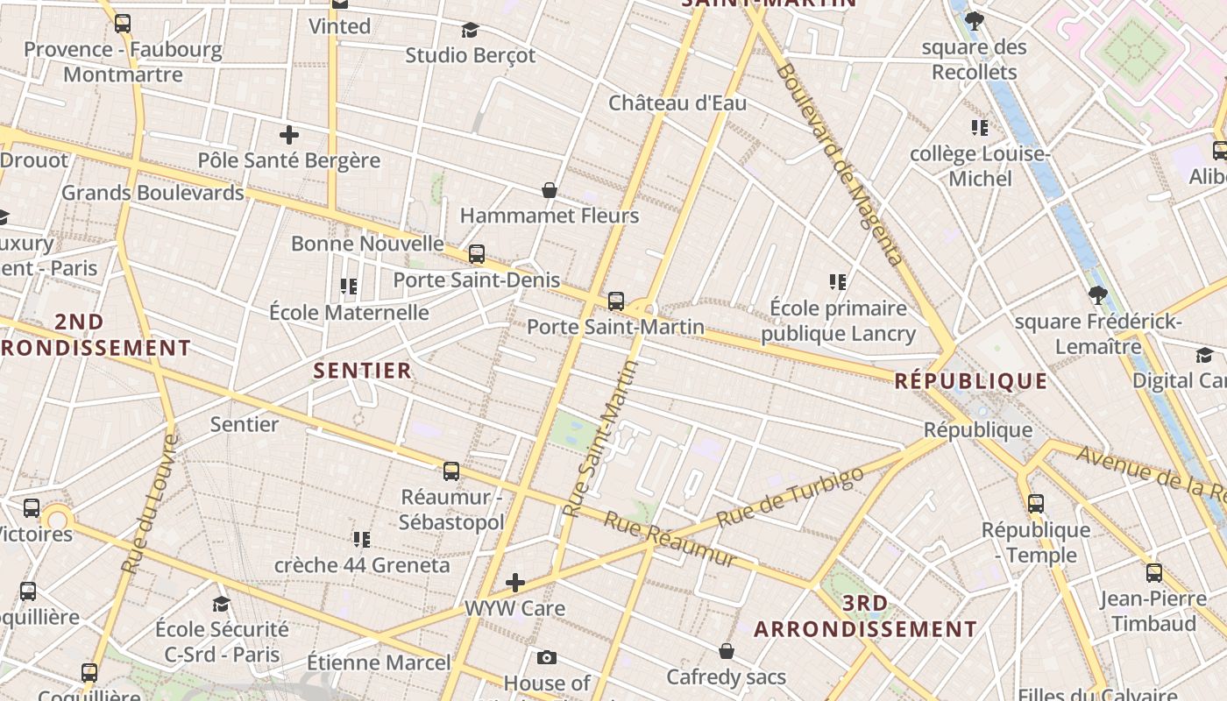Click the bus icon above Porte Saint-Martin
click(616, 301)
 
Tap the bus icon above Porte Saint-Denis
click(477, 254)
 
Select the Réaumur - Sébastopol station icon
click(451, 471)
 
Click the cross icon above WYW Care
click(515, 582)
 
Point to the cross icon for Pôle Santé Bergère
click(289, 135)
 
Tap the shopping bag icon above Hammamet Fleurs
click(550, 190)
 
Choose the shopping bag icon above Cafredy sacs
click(727, 651)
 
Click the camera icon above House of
click(547, 658)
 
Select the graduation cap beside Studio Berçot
click(471, 31)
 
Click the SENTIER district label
click(363, 371)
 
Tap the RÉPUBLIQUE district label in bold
click(971, 381)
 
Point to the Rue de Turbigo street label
click(790, 497)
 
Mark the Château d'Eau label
click(677, 103)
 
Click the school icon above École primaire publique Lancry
click(838, 282)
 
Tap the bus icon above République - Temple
click(1036, 504)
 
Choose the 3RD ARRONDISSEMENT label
click(865, 616)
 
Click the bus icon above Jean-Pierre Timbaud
click(1154, 573)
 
